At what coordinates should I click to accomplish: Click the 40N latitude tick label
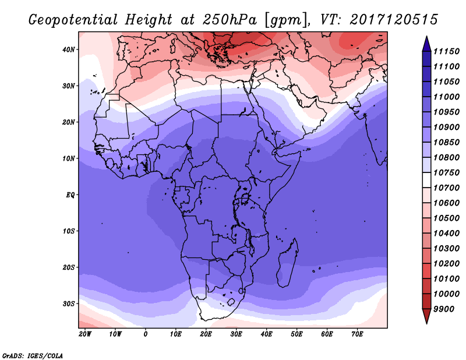(x=68, y=50)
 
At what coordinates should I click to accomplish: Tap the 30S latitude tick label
(x=68, y=304)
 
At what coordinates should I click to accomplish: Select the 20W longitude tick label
(x=85, y=334)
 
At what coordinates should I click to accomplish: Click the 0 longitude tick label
(x=145, y=334)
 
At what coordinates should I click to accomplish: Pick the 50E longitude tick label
(x=296, y=334)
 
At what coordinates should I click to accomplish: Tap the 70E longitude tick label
(x=357, y=334)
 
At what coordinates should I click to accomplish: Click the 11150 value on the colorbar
(x=446, y=51)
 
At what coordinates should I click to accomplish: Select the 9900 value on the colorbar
(x=444, y=309)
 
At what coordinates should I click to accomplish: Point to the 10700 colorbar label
(x=446, y=188)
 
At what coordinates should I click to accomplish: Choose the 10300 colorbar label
(x=446, y=249)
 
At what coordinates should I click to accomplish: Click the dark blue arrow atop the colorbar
(x=426, y=44)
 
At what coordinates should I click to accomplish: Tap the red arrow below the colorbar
(x=426, y=316)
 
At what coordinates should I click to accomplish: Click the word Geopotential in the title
(x=73, y=20)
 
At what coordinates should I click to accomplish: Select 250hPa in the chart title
(x=230, y=20)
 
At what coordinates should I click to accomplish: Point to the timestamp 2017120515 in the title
(x=394, y=20)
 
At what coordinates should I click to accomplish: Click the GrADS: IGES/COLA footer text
(x=33, y=356)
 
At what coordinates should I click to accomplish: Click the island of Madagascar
(x=287, y=263)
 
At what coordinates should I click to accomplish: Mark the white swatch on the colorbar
(x=426, y=180)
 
